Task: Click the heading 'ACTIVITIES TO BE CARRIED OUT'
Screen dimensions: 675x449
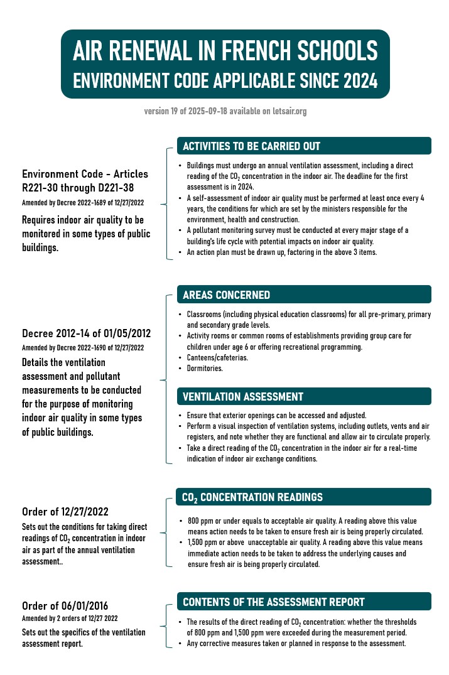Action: point(251,146)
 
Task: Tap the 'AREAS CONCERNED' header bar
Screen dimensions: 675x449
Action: point(226,295)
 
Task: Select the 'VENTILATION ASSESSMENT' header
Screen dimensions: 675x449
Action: point(242,397)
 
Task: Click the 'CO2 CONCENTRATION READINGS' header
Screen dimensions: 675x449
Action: point(252,497)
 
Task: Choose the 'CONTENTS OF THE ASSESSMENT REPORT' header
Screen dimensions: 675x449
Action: point(273,602)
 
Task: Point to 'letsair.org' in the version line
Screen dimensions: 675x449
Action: point(289,111)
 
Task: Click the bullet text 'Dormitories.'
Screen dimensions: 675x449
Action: point(205,369)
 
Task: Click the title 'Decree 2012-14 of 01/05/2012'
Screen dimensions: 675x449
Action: point(86,333)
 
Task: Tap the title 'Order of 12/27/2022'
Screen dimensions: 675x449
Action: point(65,512)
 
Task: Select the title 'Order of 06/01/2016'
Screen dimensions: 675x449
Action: point(65,606)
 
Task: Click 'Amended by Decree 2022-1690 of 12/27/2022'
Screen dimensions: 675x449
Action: point(83,347)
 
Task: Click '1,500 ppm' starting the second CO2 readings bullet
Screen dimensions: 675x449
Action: point(202,544)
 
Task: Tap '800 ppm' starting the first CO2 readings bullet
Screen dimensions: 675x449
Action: point(200,521)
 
